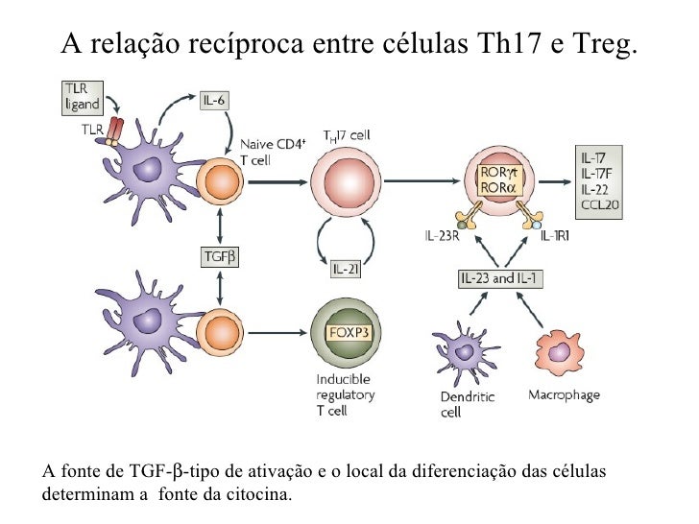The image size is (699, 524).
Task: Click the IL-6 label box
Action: tap(217, 100)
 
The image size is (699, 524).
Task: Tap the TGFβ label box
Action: tap(222, 256)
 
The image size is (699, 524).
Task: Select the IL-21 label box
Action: tap(347, 270)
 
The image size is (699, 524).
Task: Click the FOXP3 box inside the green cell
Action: tap(344, 332)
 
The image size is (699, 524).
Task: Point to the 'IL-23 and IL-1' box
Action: tap(500, 278)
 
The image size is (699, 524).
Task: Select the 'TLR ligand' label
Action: tap(80, 94)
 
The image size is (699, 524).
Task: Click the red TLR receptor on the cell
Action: tap(117, 130)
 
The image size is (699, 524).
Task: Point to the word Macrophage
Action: tap(564, 395)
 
